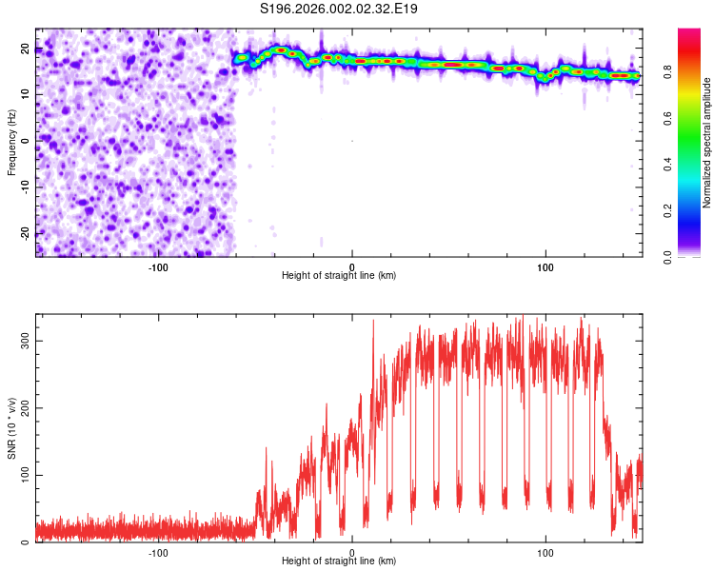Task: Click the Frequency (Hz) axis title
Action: point(11,143)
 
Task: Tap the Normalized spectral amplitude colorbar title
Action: point(707,143)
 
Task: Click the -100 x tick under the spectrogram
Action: point(158,266)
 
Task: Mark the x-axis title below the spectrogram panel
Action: point(339,276)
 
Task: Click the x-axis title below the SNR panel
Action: point(339,562)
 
